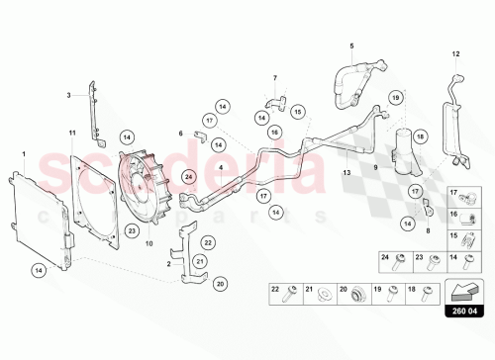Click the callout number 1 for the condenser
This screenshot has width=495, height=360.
[24, 153]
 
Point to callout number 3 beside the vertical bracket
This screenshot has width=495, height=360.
[69, 95]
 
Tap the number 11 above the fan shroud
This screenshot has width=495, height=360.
[71, 132]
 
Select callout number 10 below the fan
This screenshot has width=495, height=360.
[148, 241]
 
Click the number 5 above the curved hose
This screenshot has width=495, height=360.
[350, 45]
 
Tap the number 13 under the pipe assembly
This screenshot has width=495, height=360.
[346, 172]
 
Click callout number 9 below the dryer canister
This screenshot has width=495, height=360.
[376, 168]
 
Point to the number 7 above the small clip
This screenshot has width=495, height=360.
[274, 76]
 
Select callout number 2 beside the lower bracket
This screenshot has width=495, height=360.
[170, 264]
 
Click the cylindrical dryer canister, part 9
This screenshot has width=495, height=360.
[406, 148]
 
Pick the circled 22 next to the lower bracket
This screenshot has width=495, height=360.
[208, 241]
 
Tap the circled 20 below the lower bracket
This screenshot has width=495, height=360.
[221, 283]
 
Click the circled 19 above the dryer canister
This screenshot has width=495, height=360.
[395, 98]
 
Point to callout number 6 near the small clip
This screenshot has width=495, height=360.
[181, 134]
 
